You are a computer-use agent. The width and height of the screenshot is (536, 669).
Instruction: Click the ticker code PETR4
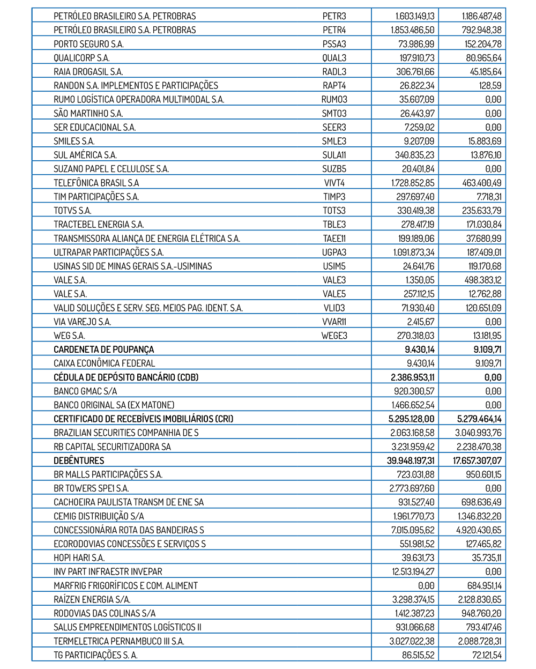334,30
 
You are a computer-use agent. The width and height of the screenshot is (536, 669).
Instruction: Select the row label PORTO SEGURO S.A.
88,44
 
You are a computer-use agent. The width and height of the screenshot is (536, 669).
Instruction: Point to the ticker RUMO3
334,100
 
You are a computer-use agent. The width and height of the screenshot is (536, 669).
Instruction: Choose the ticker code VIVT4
334,183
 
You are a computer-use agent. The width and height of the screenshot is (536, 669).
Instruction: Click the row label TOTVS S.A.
72,211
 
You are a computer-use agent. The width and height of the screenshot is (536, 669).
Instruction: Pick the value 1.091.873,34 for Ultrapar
413,252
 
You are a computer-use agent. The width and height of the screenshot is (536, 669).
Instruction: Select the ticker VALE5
334,294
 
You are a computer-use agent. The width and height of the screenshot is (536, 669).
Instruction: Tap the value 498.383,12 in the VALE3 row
482,280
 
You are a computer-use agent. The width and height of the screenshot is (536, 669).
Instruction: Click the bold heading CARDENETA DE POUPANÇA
103,350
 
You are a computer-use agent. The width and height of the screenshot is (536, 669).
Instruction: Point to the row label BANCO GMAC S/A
85,391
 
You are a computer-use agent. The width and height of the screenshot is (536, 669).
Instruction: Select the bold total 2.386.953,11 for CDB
412,377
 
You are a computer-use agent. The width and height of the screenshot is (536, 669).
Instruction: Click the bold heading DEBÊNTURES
79,460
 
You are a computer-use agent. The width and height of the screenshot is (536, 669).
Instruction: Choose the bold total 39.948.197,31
411,460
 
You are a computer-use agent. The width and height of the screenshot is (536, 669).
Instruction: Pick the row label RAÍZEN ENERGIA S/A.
92,600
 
